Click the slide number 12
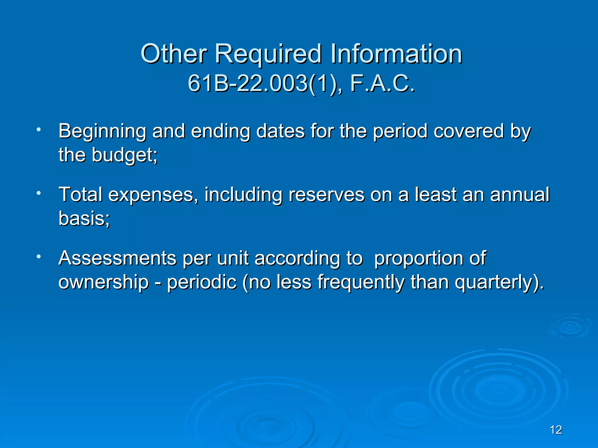coord(556,430)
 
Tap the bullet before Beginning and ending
coord(38,129)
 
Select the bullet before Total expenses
coord(38,193)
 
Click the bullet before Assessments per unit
coord(38,257)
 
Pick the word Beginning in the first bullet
coord(102,131)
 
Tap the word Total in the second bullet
coord(80,194)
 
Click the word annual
coord(520,194)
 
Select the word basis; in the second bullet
coord(84,218)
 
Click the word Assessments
coord(117,258)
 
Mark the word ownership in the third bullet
coord(104,282)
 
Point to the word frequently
coord(361,282)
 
